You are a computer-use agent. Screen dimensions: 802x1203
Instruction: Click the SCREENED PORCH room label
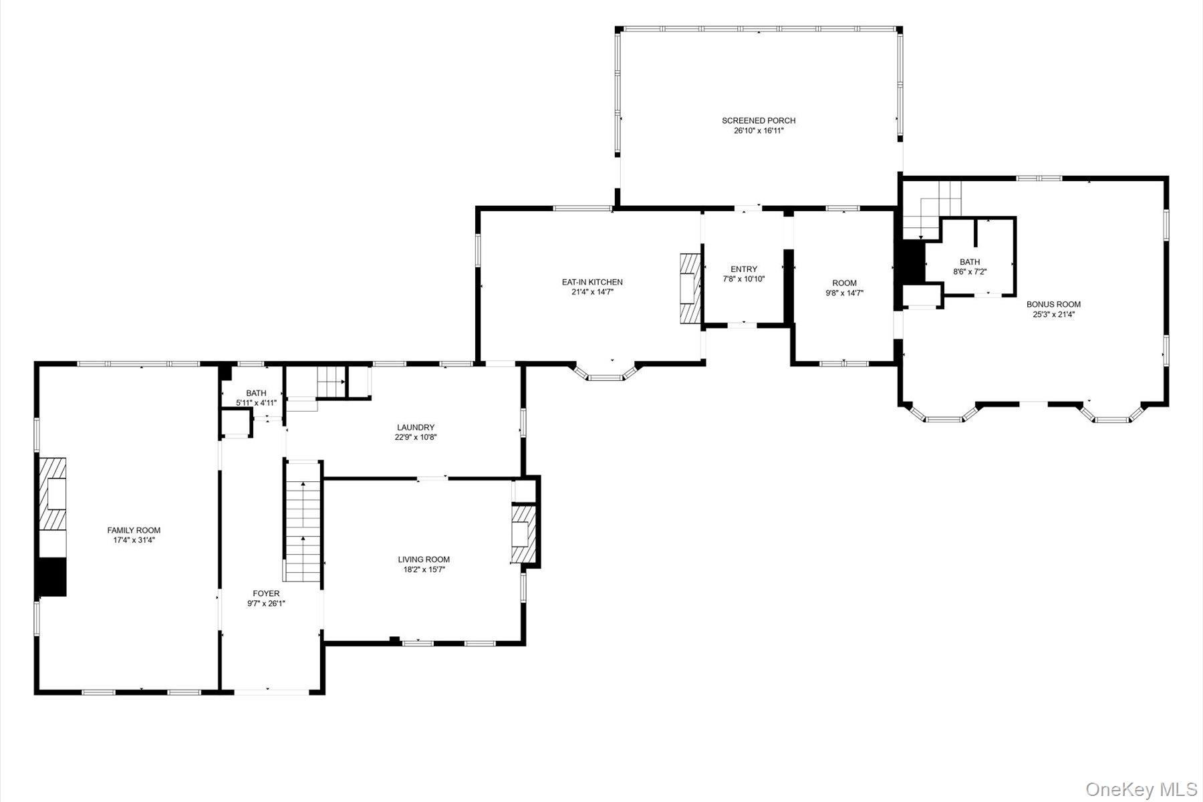click(759, 120)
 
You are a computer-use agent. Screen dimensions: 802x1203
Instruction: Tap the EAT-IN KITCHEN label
click(592, 282)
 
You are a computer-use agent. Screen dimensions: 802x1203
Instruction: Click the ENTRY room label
click(744, 269)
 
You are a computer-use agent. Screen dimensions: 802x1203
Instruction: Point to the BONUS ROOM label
click(1053, 304)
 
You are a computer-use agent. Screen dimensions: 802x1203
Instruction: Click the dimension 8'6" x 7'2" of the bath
click(970, 272)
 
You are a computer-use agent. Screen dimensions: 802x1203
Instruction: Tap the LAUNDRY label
click(416, 428)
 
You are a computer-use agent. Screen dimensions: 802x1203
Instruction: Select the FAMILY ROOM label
click(134, 531)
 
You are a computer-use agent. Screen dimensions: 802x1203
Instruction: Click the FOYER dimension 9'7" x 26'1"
click(266, 604)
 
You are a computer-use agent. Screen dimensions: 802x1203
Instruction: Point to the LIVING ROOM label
click(424, 560)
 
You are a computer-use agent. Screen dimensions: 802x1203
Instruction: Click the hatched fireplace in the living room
click(523, 535)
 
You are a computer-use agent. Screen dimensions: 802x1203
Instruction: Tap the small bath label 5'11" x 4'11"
click(256, 403)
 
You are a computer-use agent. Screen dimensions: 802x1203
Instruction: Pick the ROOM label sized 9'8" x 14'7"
click(844, 283)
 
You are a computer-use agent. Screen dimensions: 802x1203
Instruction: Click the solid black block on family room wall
click(51, 576)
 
